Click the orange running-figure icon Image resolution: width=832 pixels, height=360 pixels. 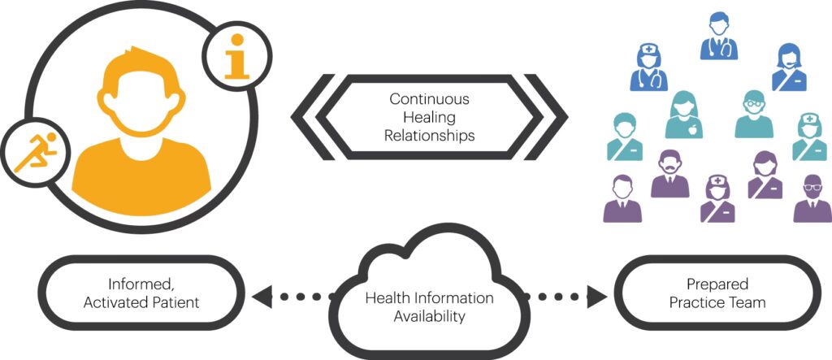click(32, 151)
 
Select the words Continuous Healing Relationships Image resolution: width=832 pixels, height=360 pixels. click(430, 117)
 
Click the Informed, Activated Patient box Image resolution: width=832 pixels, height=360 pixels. click(142, 294)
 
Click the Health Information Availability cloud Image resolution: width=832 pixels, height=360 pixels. click(430, 297)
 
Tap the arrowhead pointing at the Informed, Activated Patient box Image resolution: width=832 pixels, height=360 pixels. click(262, 297)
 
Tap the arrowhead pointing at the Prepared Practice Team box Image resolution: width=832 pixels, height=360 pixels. click(597, 297)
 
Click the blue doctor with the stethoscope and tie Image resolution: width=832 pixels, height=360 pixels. click(719, 37)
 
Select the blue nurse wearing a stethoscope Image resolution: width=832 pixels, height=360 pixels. click(649, 68)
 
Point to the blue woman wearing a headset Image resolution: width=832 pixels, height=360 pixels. click(788, 68)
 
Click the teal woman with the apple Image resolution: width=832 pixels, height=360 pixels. click(683, 115)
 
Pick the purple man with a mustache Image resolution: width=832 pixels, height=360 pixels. click(669, 175)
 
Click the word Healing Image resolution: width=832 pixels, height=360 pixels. click(430, 117)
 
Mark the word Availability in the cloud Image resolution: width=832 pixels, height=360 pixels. click(430, 316)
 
